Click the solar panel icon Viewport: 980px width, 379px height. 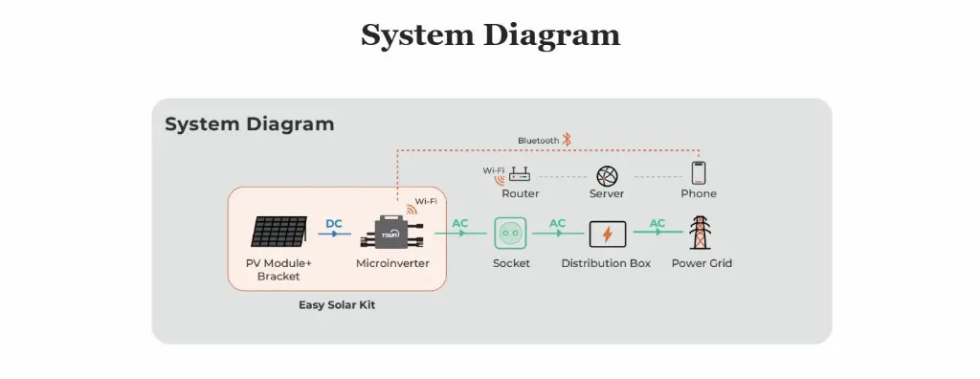coord(279,233)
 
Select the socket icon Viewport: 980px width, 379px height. coord(510,233)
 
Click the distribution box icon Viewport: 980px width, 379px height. coord(607,234)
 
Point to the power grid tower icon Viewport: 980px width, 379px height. coord(702,233)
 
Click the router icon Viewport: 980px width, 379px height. coord(520,174)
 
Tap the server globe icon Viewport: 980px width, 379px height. coord(607,175)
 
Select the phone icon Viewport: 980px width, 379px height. coord(699,173)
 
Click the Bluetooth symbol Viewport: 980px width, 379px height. coord(567,140)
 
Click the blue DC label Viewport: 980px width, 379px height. coord(333,224)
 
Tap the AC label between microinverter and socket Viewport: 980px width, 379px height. coord(460,224)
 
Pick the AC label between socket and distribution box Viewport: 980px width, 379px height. coord(557,224)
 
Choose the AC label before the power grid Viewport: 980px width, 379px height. coord(657,224)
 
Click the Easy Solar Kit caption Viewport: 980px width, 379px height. coord(337,306)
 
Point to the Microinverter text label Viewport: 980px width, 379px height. coord(392,263)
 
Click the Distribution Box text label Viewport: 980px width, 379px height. coord(606,263)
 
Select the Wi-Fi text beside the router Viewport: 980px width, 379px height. coord(493,170)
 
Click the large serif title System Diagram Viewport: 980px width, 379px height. coord(490,35)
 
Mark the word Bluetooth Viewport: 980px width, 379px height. coord(538,141)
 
